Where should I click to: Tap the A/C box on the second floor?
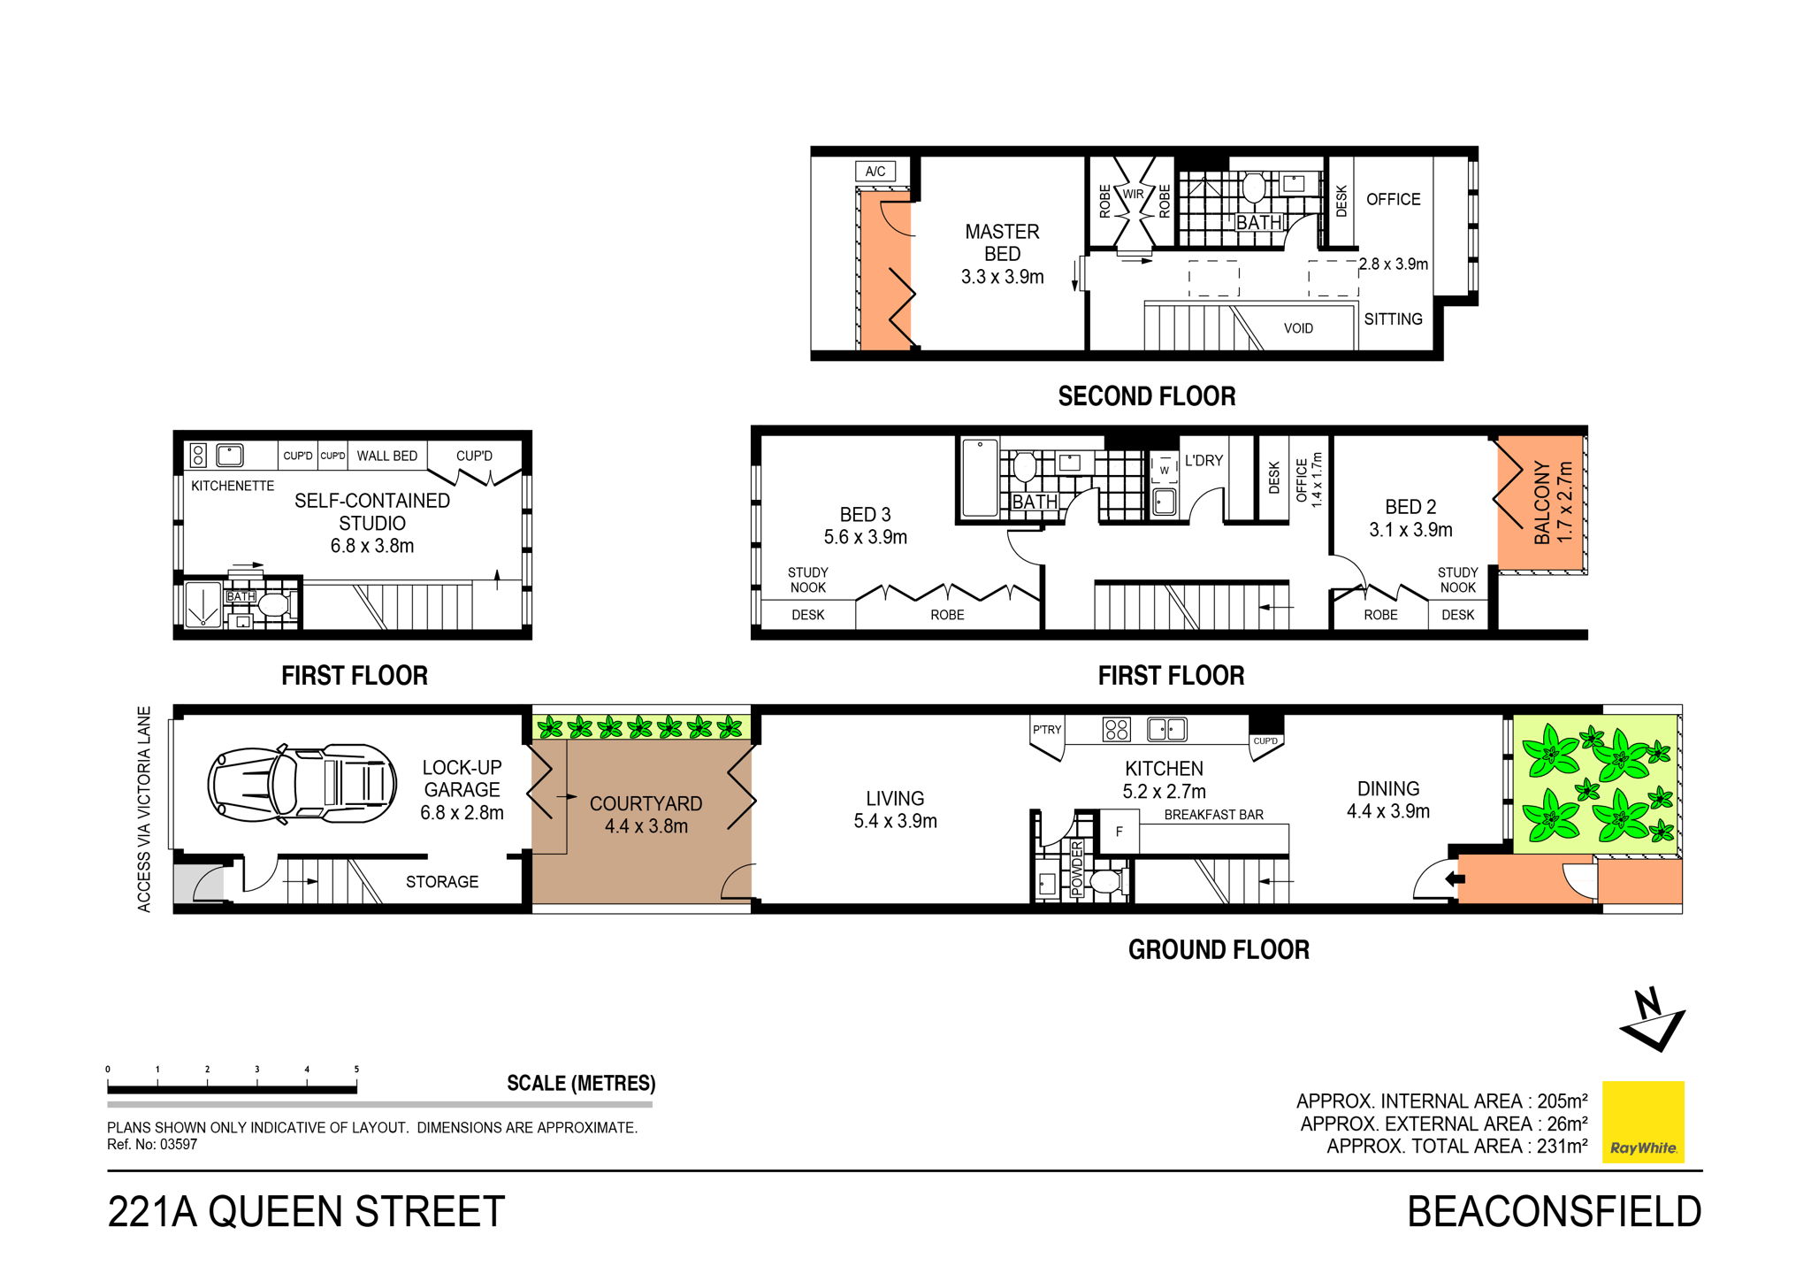(875, 172)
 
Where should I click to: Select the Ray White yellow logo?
(1643, 1122)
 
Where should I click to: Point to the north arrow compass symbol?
(1652, 1020)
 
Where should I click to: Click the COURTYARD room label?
(646, 804)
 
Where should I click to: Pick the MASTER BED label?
(1002, 242)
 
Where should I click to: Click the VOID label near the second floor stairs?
(1298, 328)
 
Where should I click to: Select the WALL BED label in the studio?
(386, 456)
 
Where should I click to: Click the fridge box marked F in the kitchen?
(1119, 832)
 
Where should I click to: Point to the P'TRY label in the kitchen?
(1046, 730)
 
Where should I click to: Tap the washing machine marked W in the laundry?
(1164, 470)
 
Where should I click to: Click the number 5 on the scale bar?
(356, 1070)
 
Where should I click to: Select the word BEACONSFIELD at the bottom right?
(1554, 1212)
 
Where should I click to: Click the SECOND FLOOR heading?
(1146, 396)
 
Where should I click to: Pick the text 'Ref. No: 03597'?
(152, 1144)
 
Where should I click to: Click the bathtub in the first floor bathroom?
(980, 478)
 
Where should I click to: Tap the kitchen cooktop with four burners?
(1116, 730)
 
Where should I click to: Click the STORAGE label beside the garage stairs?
(441, 882)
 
